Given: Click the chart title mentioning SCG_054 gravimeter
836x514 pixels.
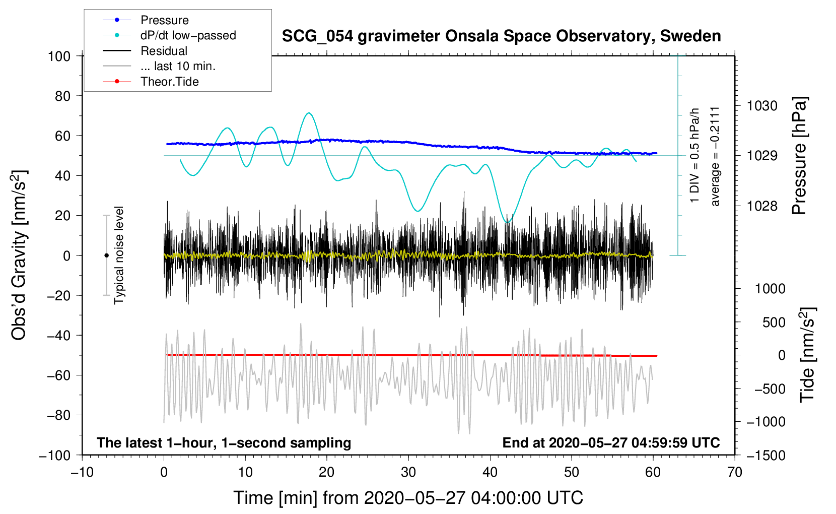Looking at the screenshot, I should pyautogui.click(x=501, y=36).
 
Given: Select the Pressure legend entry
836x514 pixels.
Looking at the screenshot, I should pyautogui.click(x=164, y=20).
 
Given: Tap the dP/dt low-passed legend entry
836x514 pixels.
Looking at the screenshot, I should pyautogui.click(x=188, y=35).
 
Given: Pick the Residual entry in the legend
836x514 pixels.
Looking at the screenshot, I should pyautogui.click(x=164, y=51).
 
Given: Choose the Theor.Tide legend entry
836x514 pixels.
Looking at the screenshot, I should pyautogui.click(x=169, y=82).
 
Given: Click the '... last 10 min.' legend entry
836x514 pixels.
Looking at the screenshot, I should pyautogui.click(x=178, y=66).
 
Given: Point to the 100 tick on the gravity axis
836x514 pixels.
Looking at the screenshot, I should pyautogui.click(x=59, y=56).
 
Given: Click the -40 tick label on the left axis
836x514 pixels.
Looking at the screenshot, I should pyautogui.click(x=59, y=336).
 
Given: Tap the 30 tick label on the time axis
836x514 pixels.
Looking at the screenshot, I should pyautogui.click(x=408, y=473).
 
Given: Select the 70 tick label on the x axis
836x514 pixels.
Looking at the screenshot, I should pyautogui.click(x=735, y=473).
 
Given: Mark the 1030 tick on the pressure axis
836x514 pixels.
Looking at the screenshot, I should pyautogui.click(x=762, y=106).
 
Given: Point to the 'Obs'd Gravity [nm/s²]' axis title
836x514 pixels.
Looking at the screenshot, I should pyautogui.click(x=19, y=255).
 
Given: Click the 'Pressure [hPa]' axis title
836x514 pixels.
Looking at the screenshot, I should pyautogui.click(x=799, y=156).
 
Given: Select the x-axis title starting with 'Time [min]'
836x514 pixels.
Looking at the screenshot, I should pyautogui.click(x=408, y=498).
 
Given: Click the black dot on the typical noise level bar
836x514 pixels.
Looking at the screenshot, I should pyautogui.click(x=106, y=255).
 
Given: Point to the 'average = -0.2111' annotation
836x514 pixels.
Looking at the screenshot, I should pyautogui.click(x=715, y=156).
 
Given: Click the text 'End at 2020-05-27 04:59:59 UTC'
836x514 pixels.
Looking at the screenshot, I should pyautogui.click(x=611, y=443).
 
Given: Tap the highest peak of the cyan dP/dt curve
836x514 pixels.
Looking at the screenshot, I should pyautogui.click(x=309, y=113).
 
